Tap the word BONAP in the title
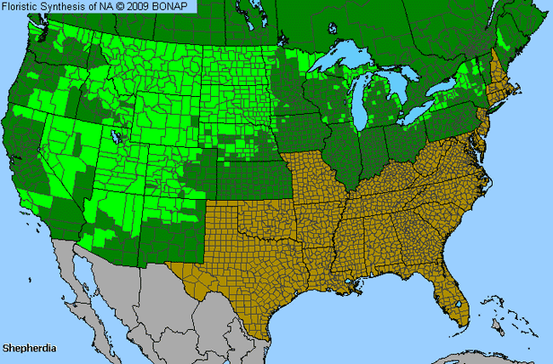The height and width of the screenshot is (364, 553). [x=175, y=6]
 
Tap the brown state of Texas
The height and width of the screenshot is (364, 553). [x=247, y=264]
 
